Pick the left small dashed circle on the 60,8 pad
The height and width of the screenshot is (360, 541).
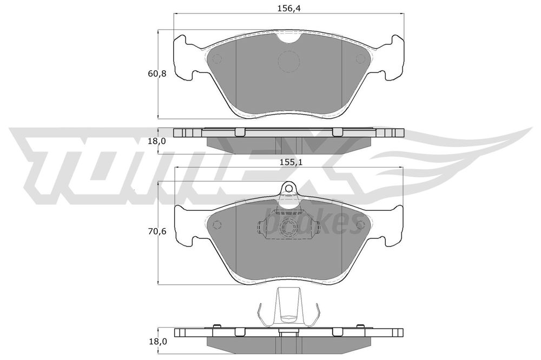click(217, 59)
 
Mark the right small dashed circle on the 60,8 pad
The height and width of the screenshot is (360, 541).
click(360, 59)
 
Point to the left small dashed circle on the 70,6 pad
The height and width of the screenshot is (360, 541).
click(217, 224)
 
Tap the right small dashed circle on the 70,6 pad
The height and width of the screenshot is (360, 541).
click(361, 224)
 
